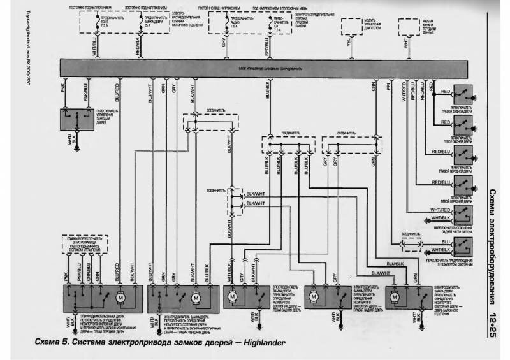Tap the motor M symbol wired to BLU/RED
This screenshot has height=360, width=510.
point(119,297)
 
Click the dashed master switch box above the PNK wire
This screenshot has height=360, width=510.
point(87,245)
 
